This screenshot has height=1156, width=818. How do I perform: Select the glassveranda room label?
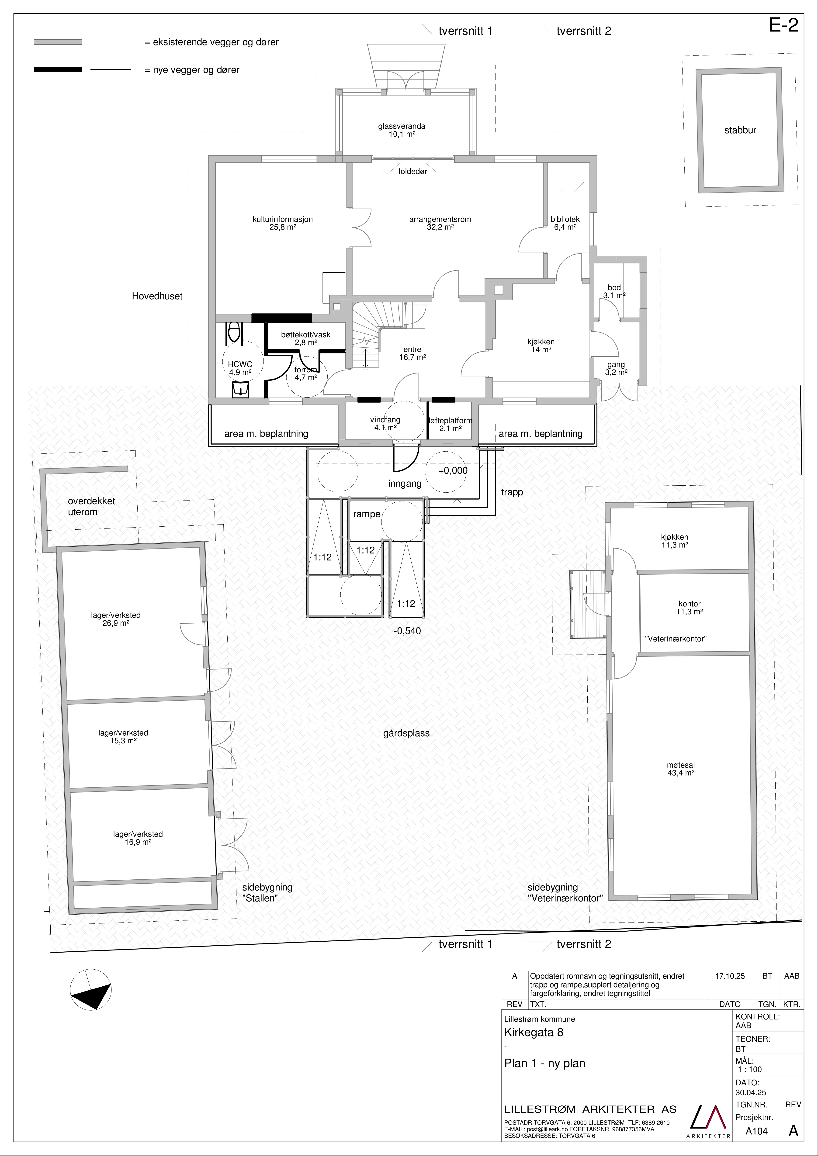(x=402, y=130)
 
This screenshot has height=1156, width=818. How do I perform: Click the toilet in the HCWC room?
(x=234, y=332)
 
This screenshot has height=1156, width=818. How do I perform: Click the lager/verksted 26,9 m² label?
(x=116, y=619)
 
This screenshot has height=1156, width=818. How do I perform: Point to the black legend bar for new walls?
(x=58, y=69)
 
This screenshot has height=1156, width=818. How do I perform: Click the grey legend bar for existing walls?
(x=58, y=42)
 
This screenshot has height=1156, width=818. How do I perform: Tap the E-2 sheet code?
(x=784, y=25)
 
